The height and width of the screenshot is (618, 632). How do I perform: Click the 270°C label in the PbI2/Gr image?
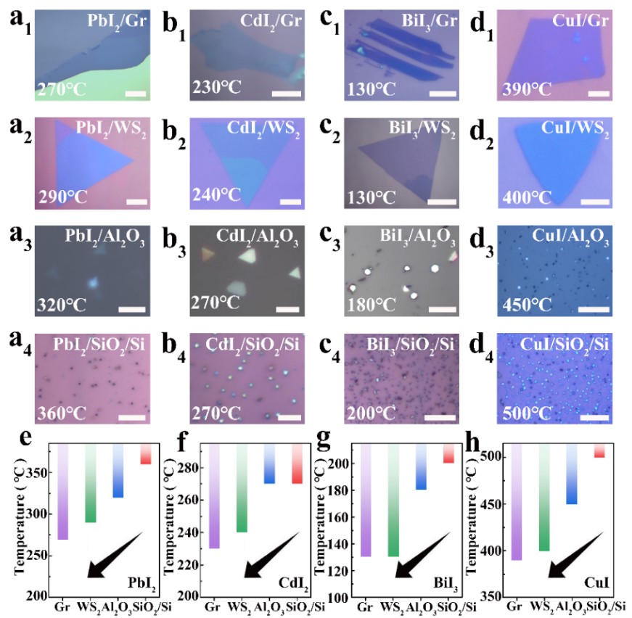[x=59, y=90]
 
